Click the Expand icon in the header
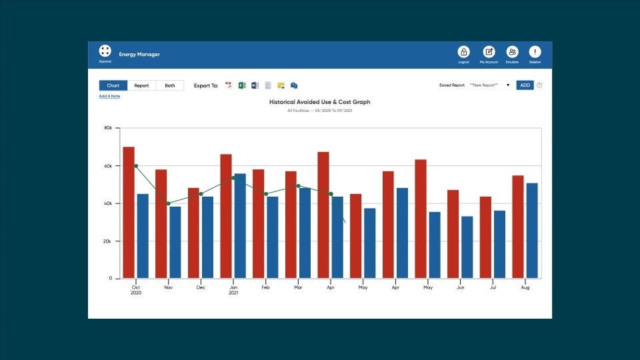(x=105, y=51)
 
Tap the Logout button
(x=463, y=52)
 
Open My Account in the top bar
(x=489, y=52)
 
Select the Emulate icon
(x=512, y=52)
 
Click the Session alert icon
(x=535, y=52)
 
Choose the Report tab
(x=141, y=85)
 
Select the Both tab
(x=170, y=85)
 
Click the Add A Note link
(x=109, y=96)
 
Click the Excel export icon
(x=243, y=85)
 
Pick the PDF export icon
(x=229, y=85)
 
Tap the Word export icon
(x=255, y=85)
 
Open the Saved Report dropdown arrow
(x=508, y=85)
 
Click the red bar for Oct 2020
(x=129, y=212)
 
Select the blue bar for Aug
(x=532, y=230)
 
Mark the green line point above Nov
(x=168, y=203)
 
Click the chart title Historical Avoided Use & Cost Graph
(x=319, y=102)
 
